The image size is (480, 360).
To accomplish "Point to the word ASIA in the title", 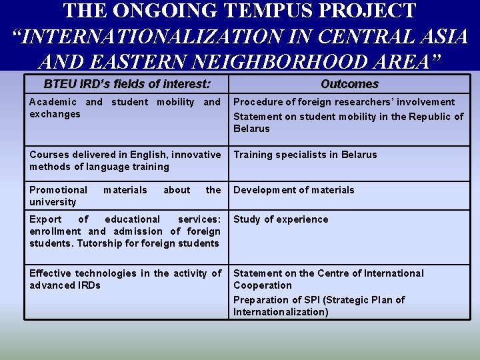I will click(x=443, y=36).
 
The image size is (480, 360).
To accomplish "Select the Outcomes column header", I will click(x=349, y=84).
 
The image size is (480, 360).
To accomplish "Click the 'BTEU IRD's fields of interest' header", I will click(x=127, y=84).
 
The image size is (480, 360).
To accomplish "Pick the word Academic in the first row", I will click(x=53, y=102).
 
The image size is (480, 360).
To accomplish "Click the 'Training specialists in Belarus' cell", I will click(x=305, y=155).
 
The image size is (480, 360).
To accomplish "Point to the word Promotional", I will click(x=58, y=190).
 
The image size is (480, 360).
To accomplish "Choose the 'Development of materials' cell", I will click(x=293, y=190).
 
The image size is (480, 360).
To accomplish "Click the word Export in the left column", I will click(x=45, y=219).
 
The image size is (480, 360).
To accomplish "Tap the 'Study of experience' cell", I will click(x=281, y=219).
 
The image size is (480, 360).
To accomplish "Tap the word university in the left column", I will click(x=53, y=202).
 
